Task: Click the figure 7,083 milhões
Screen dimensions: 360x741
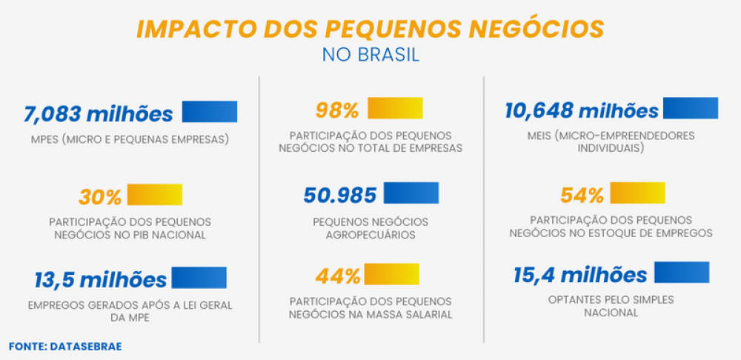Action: coord(99,114)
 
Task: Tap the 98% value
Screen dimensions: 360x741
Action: coord(337,110)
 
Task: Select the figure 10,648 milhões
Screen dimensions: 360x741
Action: coord(582,110)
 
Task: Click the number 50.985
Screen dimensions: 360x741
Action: coord(340,196)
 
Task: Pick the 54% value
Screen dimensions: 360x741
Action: coord(582,196)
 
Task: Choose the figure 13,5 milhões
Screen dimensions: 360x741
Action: coord(100,280)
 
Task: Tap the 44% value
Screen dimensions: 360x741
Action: coord(338,277)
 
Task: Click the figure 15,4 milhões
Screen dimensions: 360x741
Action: coord(580,276)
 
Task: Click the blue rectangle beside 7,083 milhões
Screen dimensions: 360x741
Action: coord(209,111)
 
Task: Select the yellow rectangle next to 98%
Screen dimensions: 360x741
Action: coord(395,108)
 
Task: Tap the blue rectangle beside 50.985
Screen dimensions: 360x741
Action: coord(411,193)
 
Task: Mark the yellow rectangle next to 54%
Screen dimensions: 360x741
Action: coord(637,193)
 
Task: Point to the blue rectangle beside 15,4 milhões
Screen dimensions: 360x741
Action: coord(682,272)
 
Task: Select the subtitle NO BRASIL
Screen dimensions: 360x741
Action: coord(370,56)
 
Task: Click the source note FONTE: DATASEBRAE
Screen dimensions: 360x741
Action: coord(65,346)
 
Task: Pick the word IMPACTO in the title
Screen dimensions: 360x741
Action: coord(194,29)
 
